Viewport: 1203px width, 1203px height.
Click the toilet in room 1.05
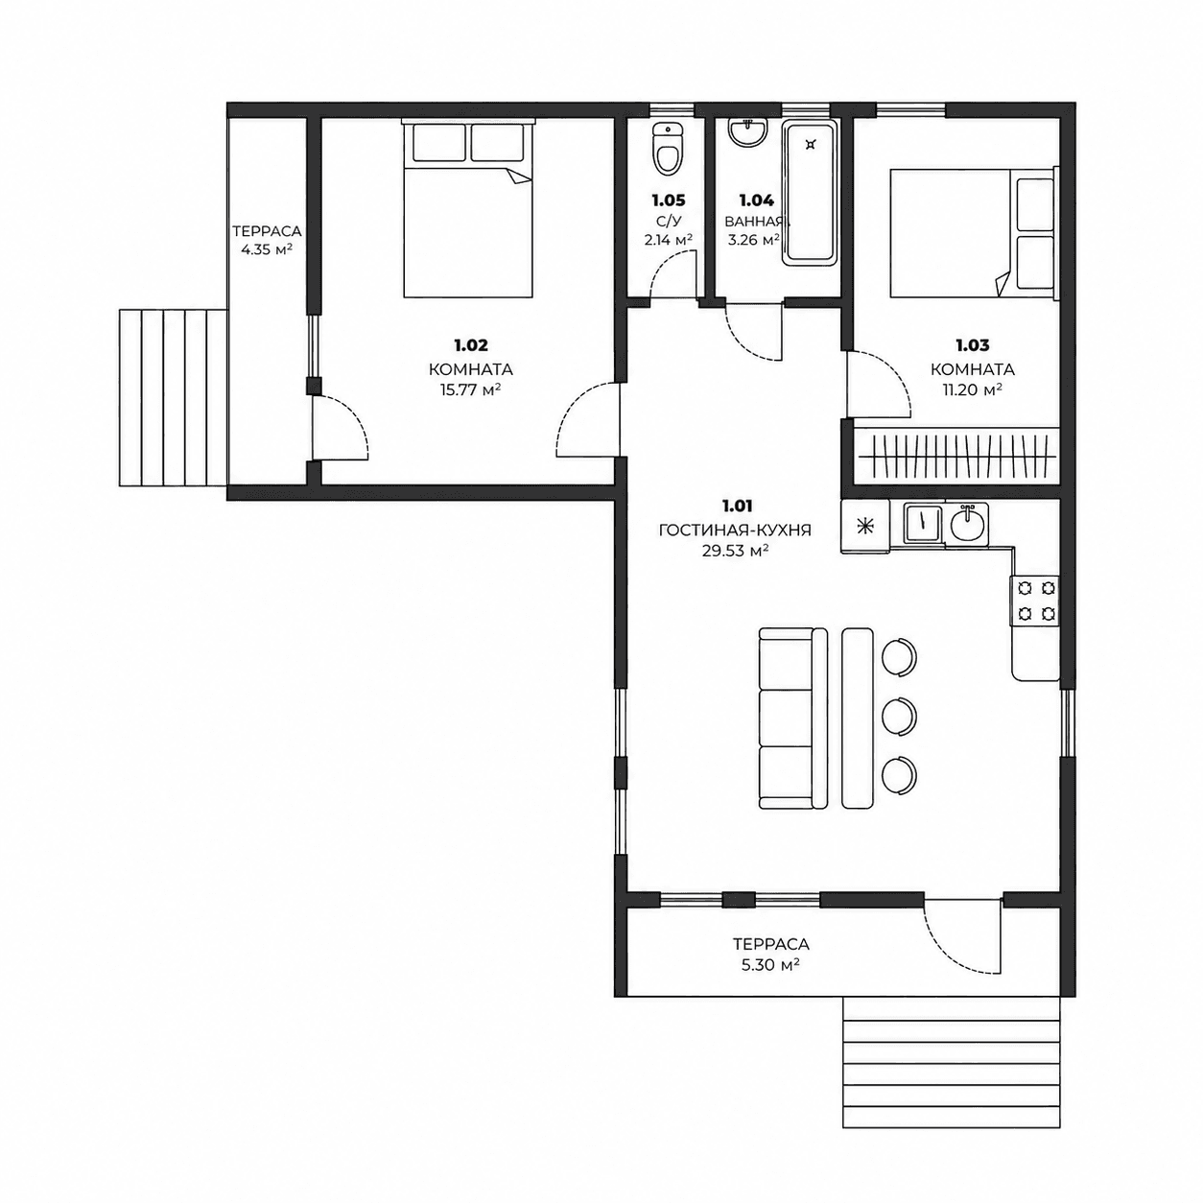click(x=668, y=149)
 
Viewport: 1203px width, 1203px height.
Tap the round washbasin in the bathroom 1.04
click(x=747, y=132)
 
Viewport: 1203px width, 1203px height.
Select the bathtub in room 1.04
click(x=811, y=194)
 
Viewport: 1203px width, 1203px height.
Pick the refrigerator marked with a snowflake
click(x=865, y=526)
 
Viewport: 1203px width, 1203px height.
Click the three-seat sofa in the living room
click(x=792, y=719)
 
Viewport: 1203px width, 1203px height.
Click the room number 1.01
click(x=738, y=505)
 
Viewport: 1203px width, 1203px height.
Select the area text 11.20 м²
click(x=972, y=390)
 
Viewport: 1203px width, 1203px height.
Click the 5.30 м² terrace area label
click(x=770, y=982)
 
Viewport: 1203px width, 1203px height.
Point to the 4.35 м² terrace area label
click(x=266, y=249)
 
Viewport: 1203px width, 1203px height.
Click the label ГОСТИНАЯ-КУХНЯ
click(x=735, y=531)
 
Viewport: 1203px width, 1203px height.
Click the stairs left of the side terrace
click(x=173, y=397)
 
